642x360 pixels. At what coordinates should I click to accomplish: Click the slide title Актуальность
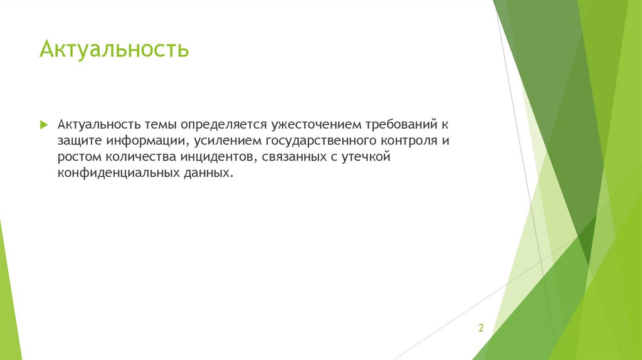point(113,48)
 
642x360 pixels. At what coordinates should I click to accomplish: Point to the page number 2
point(481,328)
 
